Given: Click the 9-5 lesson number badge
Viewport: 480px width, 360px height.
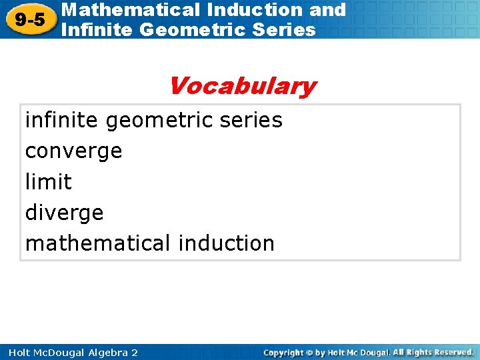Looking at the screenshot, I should (x=29, y=19).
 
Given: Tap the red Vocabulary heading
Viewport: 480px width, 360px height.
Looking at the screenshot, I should (x=242, y=86).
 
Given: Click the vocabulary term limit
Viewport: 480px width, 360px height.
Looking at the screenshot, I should (x=48, y=181).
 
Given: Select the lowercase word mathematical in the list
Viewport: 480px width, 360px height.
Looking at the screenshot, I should (x=98, y=243).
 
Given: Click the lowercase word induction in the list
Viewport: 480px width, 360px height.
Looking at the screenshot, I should (x=227, y=243).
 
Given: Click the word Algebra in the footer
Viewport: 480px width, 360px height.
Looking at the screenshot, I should (x=103, y=352).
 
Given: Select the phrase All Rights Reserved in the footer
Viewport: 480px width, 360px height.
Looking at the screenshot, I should (x=433, y=352).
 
